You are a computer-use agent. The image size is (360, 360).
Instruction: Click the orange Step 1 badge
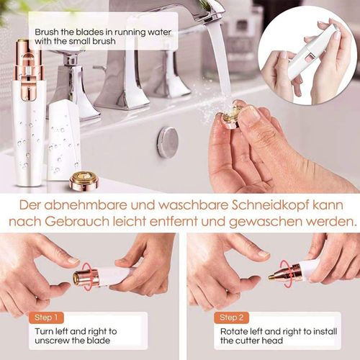(x=46, y=318)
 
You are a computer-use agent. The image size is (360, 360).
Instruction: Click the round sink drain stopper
(x=168, y=141)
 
